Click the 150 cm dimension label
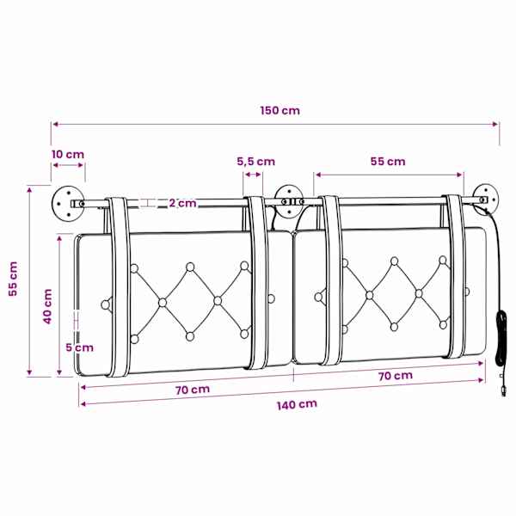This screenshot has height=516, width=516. point(280,110)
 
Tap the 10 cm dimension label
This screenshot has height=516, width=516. point(68,154)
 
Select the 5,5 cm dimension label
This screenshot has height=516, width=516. point(256,162)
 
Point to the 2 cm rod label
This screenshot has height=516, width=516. point(182,203)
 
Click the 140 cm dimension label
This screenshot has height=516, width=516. point(297,405)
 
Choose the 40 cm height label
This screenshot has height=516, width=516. point(47,306)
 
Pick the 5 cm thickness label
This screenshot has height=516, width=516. point(79,347)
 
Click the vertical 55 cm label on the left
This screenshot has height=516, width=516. point(13,279)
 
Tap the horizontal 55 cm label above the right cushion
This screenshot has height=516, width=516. point(388,162)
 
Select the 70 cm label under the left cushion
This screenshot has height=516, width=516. point(192,390)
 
